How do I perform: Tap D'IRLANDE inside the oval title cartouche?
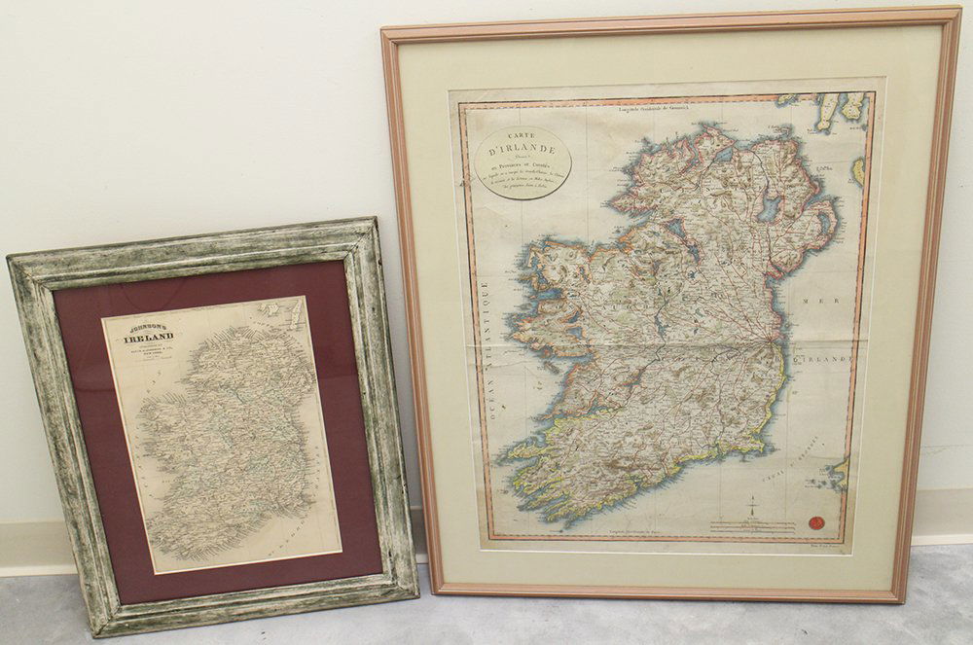522,151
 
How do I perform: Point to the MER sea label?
813,302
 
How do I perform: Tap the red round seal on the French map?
816,522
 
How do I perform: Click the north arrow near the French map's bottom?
751,506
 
